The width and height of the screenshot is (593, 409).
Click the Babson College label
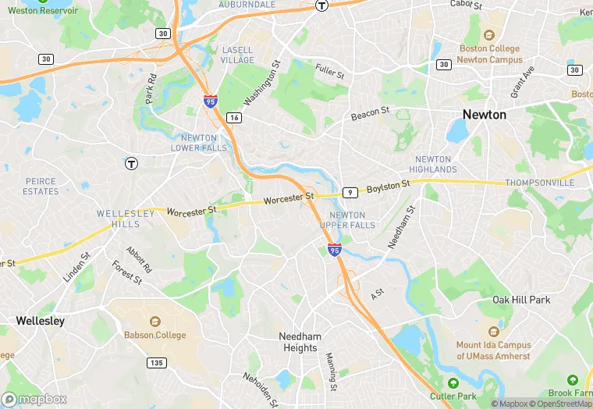tap(154, 335)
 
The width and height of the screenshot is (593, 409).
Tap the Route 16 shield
tap(234, 118)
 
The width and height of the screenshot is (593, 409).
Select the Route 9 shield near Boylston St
tap(350, 192)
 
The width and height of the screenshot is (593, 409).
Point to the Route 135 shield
tap(157, 363)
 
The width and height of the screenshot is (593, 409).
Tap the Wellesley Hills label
tap(119, 219)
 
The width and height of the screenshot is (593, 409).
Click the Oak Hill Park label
tap(521, 300)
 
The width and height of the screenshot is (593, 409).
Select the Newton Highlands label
tap(433, 164)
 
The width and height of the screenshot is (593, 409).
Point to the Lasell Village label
tap(237, 55)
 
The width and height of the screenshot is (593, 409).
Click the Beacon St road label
tap(370, 115)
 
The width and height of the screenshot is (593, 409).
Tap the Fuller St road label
tap(330, 72)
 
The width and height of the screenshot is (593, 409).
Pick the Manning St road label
tap(331, 372)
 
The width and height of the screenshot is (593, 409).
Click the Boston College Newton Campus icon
tap(489, 35)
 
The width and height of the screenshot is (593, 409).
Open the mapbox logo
tap(34, 399)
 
